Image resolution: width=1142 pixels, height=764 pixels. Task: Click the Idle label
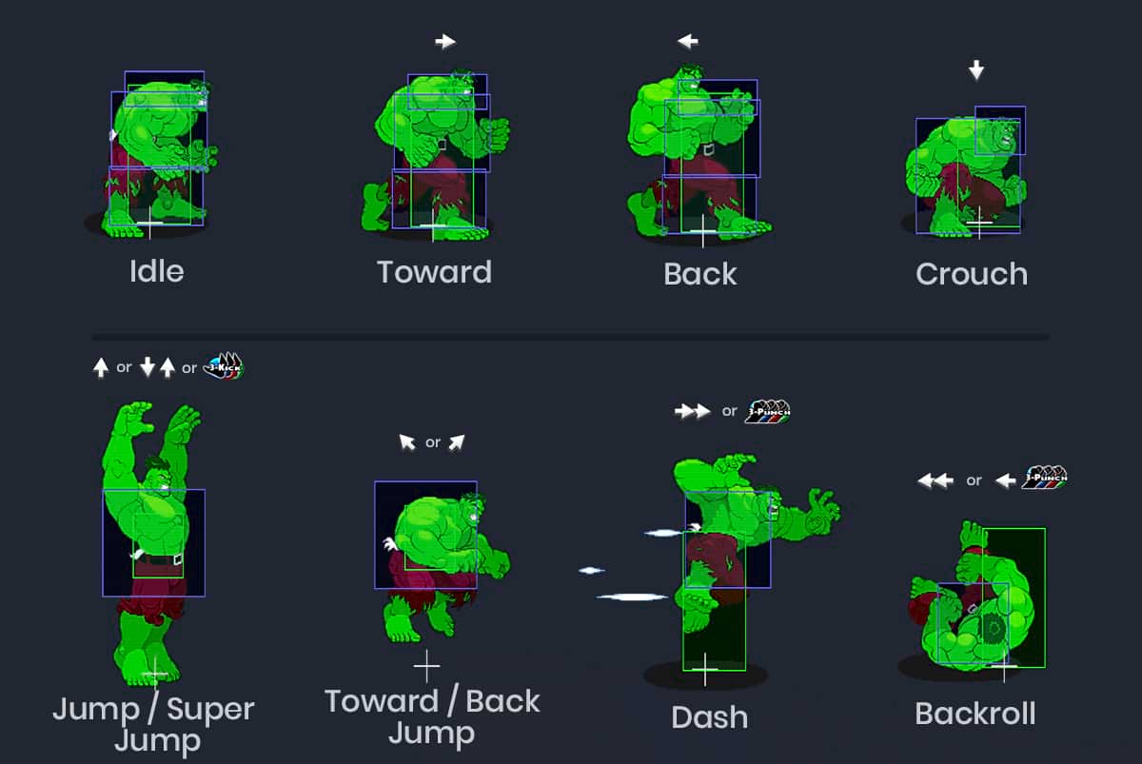[156, 271]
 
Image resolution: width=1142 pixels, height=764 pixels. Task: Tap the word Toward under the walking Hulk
[434, 272]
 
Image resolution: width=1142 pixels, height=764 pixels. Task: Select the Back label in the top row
[700, 274]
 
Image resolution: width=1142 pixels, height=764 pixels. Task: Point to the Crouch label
[972, 274]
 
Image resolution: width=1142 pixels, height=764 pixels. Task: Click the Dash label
[709, 717]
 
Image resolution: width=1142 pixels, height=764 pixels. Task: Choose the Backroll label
[975, 714]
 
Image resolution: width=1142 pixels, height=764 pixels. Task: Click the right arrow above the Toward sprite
[445, 41]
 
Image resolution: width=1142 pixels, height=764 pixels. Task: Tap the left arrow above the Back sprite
[687, 41]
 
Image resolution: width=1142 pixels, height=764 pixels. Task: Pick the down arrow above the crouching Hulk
[975, 69]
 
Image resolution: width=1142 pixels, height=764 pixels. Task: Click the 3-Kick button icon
[225, 365]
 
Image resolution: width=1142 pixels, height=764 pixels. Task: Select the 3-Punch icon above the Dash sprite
[768, 411]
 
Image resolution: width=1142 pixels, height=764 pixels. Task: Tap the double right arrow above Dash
[692, 411]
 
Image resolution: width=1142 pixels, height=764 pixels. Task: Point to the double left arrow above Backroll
[935, 480]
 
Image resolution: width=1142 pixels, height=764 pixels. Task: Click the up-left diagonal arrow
[407, 441]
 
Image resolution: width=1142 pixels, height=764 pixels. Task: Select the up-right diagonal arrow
[457, 441]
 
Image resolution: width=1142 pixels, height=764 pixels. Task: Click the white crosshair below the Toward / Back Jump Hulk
[426, 663]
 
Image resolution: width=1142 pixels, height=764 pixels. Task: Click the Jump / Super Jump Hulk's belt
[157, 559]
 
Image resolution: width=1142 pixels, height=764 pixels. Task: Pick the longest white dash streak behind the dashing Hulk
[633, 597]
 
